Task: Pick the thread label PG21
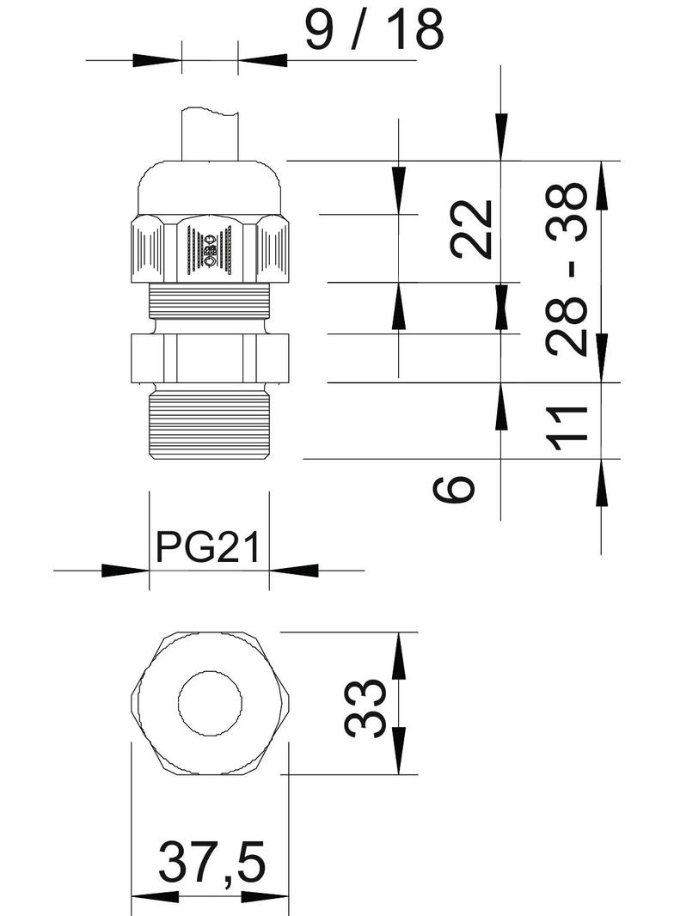[208, 546]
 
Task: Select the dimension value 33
[365, 708]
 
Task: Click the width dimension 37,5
[211, 863]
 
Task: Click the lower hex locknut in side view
[210, 356]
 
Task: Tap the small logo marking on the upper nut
[210, 251]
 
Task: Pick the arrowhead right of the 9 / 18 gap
[263, 60]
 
